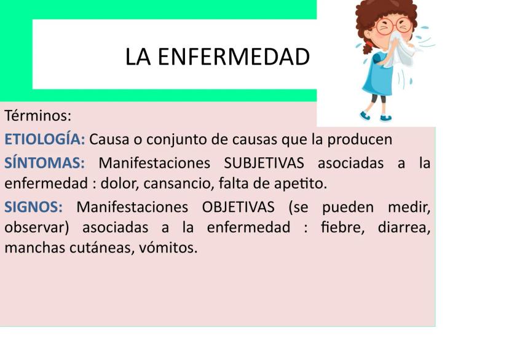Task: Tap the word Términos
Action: point(37,115)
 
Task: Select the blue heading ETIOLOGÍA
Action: point(44,139)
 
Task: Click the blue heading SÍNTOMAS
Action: point(44,163)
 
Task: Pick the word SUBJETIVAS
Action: point(266,163)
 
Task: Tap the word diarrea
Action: point(404,227)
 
